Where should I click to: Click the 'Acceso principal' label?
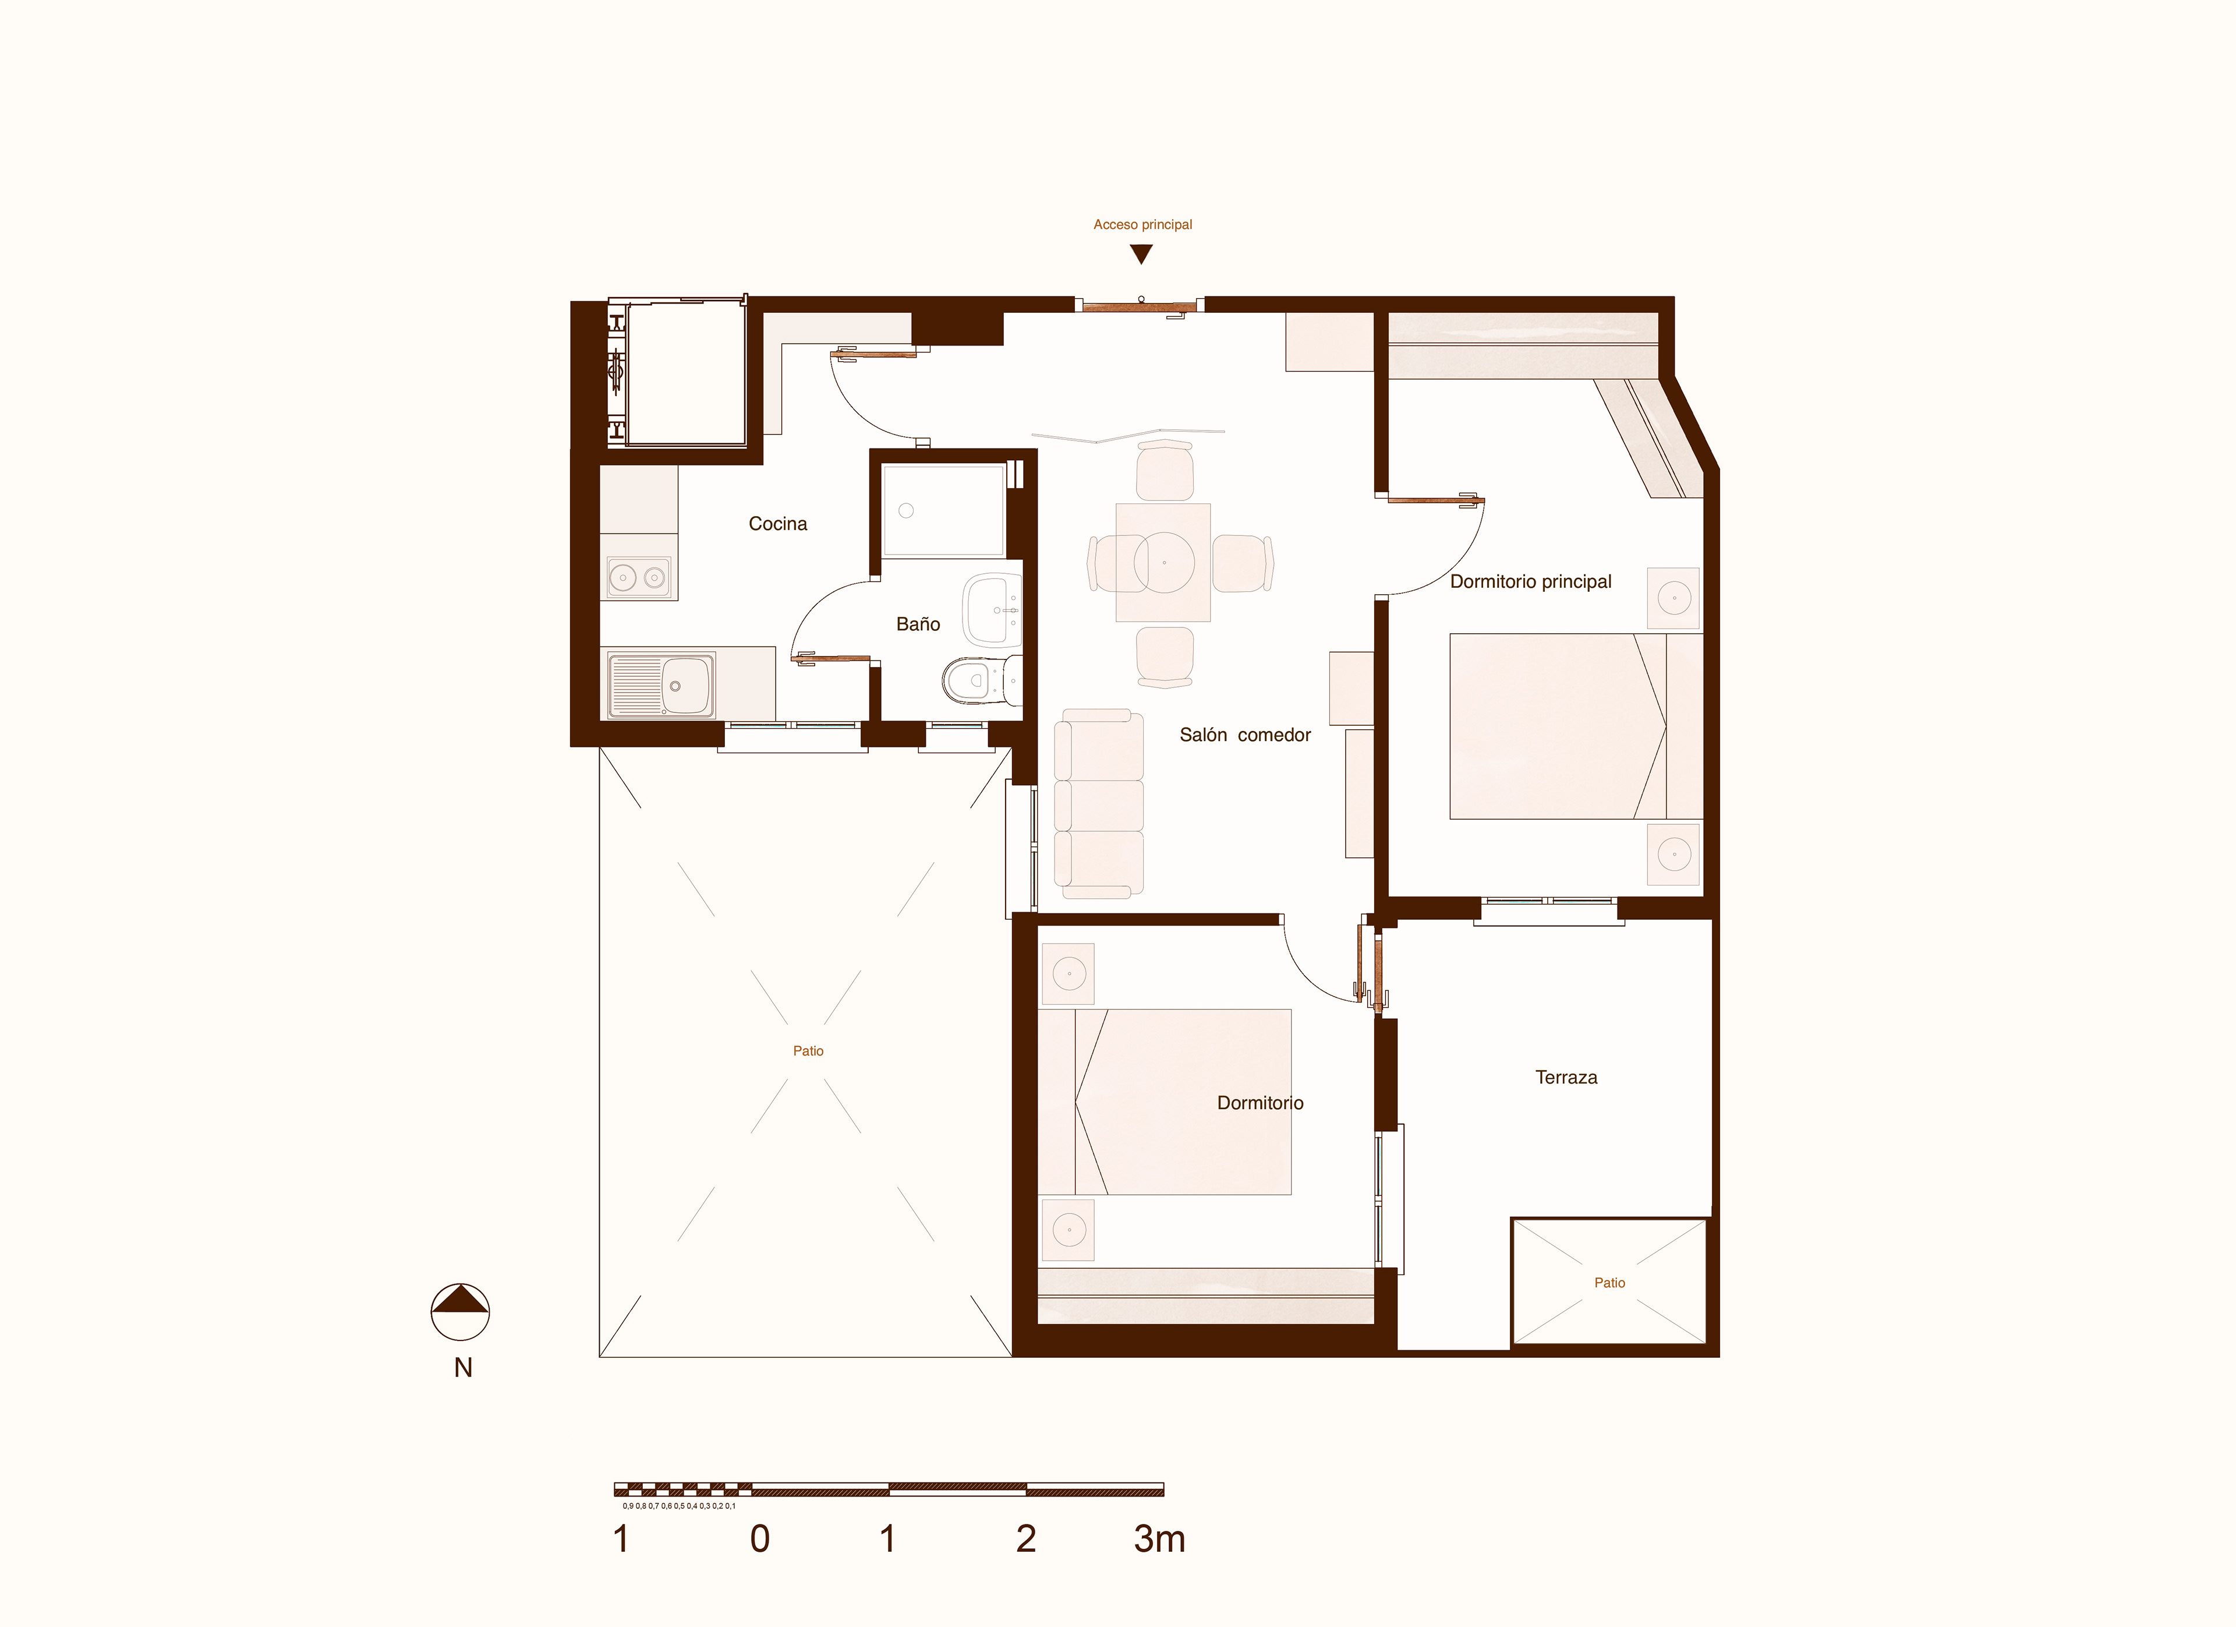1142,225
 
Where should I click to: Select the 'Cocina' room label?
778,524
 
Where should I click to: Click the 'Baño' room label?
918,624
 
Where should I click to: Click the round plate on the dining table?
1165,562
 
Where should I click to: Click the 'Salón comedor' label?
1245,735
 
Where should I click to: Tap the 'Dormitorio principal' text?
1530,582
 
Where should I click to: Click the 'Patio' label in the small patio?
1609,1283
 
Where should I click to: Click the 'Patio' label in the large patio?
808,1051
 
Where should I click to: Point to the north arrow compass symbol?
461,1312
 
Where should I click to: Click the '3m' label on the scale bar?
1159,1539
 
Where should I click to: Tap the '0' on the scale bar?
759,1539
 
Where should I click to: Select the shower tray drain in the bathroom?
906,511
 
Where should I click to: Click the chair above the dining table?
1165,471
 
